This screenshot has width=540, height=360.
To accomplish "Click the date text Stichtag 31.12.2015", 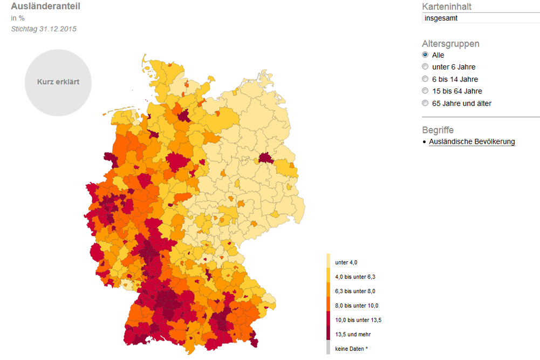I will coord(44,29).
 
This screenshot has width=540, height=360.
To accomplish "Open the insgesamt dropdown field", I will coord(480,18).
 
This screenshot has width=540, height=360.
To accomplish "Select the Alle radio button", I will coord(425,55).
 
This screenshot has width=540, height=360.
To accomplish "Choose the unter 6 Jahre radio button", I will coord(425,67).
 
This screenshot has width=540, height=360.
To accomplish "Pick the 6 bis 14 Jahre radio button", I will coord(425,79).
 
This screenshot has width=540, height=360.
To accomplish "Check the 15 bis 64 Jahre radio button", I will coord(425,91).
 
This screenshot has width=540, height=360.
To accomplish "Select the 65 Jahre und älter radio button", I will coord(425,103).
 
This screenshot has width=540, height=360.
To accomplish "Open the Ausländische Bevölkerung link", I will coord(472,142).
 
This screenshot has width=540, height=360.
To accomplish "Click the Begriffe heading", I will coord(438,130).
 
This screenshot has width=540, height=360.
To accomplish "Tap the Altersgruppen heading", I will coord(450,44).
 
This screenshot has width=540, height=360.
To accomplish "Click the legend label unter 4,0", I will coord(346,263).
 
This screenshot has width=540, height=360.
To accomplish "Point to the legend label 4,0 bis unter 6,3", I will coord(355,277).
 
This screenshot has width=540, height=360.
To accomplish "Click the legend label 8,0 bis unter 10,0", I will coord(357,306).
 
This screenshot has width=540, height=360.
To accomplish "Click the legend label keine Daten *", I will coord(351,349).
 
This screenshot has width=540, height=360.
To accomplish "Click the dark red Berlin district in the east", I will coord(265,158).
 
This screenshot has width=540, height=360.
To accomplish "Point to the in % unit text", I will coord(18,18).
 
